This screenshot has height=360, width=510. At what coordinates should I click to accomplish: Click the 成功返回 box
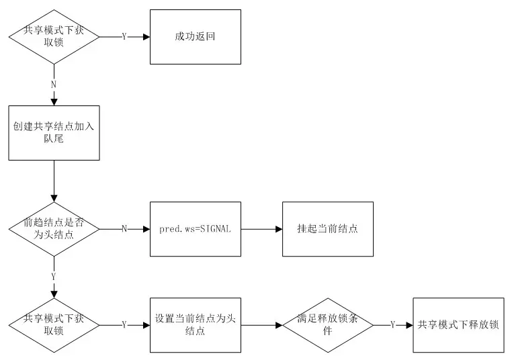pyautogui.click(x=194, y=37)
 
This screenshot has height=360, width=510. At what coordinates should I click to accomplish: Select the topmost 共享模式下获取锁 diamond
pyautogui.click(x=54, y=37)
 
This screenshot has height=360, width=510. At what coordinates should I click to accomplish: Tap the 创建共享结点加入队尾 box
pyautogui.click(x=54, y=132)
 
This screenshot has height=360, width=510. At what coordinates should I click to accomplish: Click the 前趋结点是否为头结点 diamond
pyautogui.click(x=54, y=229)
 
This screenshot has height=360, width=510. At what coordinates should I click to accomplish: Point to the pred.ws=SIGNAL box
pyautogui.click(x=195, y=229)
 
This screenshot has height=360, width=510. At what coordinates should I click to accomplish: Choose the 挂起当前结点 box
pyautogui.click(x=328, y=229)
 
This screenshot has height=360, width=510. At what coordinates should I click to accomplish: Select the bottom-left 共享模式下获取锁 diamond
pyautogui.click(x=54, y=325)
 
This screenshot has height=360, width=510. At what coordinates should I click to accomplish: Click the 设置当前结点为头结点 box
pyautogui.click(x=195, y=325)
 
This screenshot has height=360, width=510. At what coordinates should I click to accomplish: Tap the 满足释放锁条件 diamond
pyautogui.click(x=328, y=325)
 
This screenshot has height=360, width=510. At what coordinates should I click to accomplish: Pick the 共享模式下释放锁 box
pyautogui.click(x=458, y=325)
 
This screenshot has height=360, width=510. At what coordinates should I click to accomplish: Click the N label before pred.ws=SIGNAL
pyautogui.click(x=124, y=229)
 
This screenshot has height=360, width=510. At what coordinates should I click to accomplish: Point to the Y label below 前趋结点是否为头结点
pyautogui.click(x=54, y=275)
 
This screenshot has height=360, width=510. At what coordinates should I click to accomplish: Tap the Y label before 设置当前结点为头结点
pyautogui.click(x=124, y=325)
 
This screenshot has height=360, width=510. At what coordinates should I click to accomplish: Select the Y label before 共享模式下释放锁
pyautogui.click(x=392, y=325)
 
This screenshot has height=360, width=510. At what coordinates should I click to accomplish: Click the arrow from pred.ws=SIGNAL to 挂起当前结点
pyautogui.click(x=261, y=229)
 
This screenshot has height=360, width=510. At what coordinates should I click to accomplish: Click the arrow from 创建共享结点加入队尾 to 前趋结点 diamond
pyautogui.click(x=54, y=181)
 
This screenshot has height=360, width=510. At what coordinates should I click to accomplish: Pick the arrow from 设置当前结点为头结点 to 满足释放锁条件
pyautogui.click(x=261, y=325)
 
